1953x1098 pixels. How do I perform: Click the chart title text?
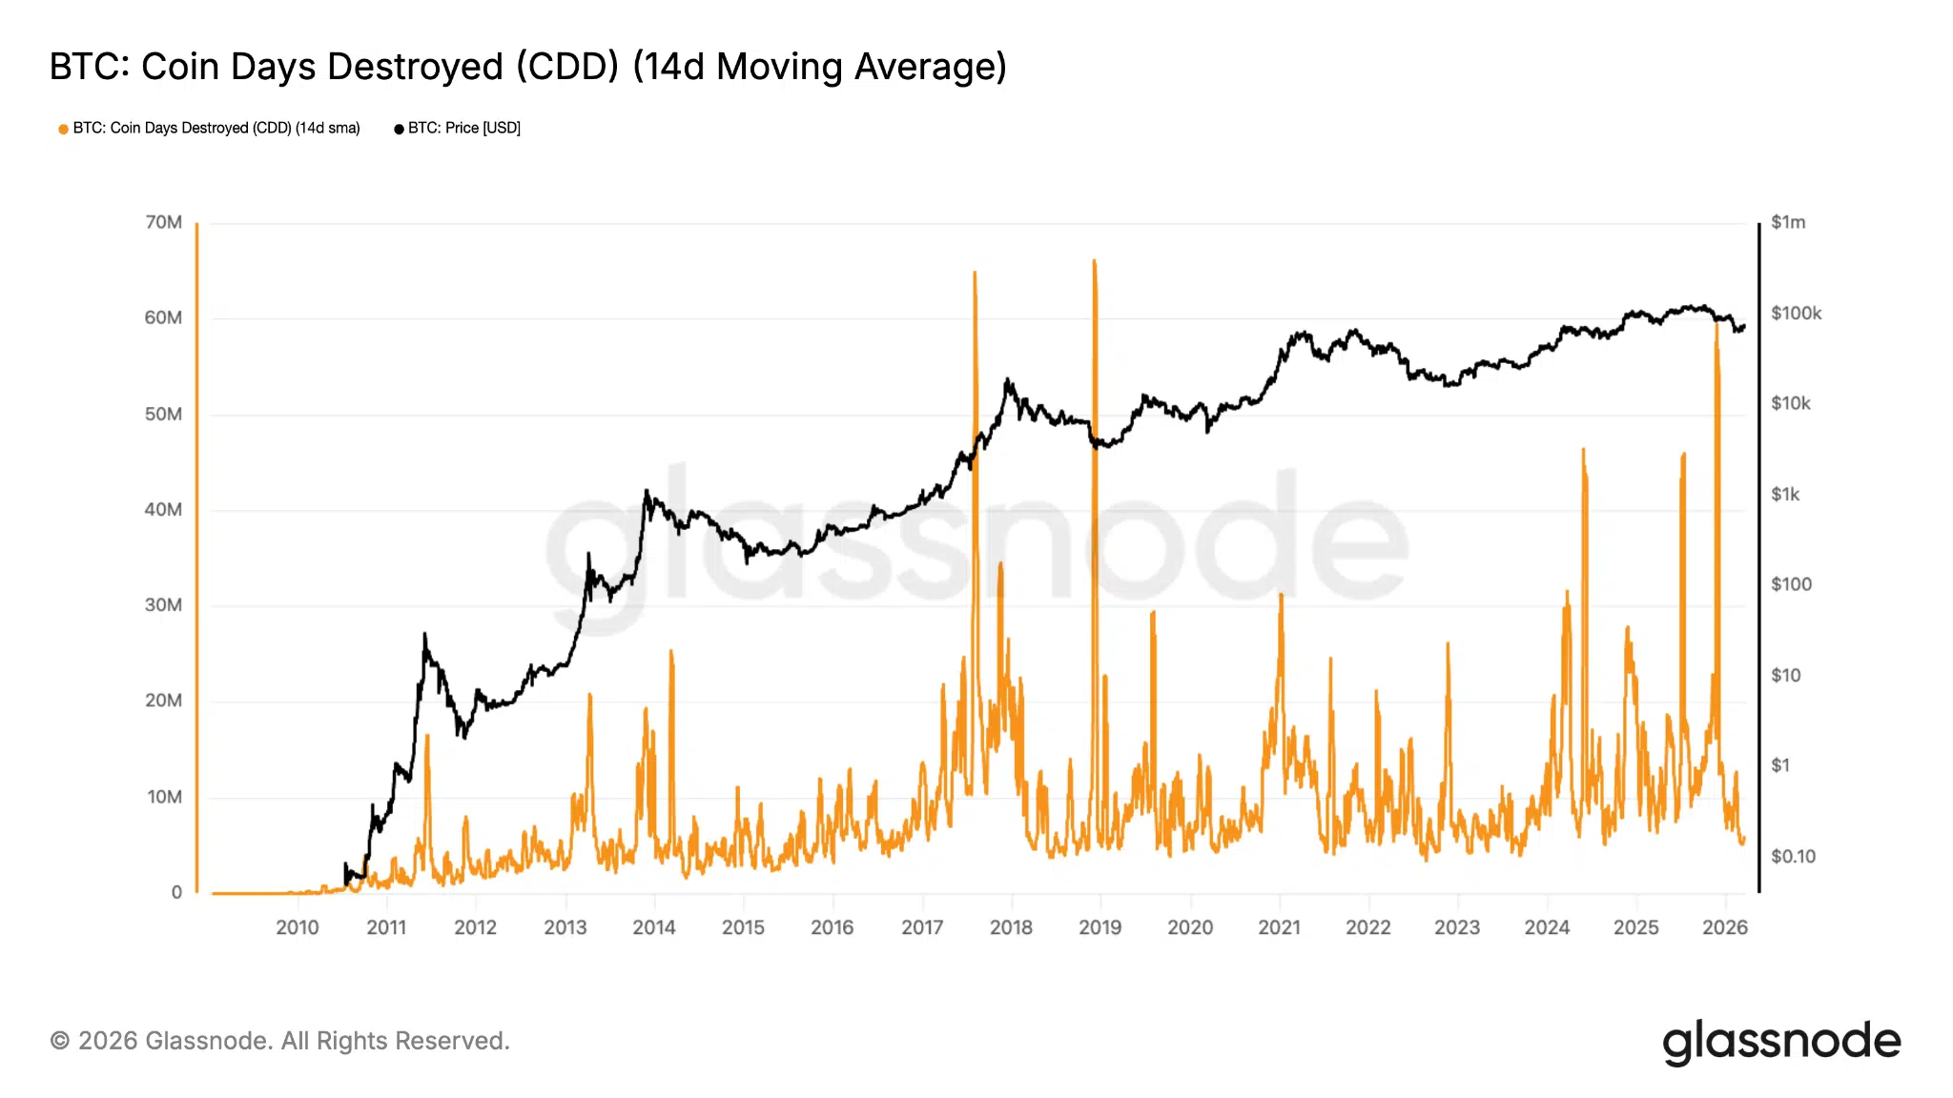click(527, 67)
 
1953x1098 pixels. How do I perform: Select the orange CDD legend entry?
click(210, 128)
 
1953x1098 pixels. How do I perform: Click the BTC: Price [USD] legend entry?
click(458, 128)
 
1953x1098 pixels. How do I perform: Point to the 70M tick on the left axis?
click(163, 222)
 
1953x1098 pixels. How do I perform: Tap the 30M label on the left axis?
click(163, 605)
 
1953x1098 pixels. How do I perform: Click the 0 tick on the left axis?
click(176, 892)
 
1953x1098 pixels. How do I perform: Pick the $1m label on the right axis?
click(1788, 222)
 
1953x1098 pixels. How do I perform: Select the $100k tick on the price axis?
click(1796, 314)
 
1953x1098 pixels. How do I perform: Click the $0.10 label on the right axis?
click(1793, 856)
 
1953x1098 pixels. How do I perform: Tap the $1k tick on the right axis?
click(1785, 494)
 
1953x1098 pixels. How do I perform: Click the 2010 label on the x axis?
click(298, 927)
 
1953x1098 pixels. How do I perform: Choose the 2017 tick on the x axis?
click(922, 927)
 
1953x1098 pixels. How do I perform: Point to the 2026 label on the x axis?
click(1725, 927)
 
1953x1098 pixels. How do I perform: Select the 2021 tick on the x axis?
click(1279, 927)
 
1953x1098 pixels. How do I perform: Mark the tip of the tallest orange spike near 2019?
click(1094, 260)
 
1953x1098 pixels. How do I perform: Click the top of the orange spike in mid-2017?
click(975, 273)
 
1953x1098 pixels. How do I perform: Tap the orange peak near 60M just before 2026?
click(1717, 324)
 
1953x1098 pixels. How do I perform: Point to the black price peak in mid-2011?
click(424, 634)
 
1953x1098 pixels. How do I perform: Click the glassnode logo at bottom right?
click(1781, 1042)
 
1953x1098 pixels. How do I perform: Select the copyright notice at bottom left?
click(279, 1041)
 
